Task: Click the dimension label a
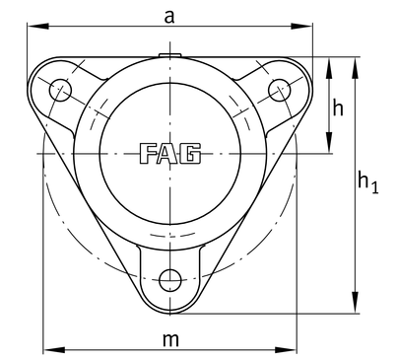click(x=169, y=17)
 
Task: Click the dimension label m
click(x=171, y=340)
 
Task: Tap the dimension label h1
click(x=367, y=182)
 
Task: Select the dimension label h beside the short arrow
click(x=338, y=108)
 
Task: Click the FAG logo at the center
click(x=170, y=154)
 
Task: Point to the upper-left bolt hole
click(x=60, y=90)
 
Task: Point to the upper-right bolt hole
click(x=279, y=90)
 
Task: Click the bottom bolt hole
click(x=170, y=280)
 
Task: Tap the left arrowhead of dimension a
click(x=38, y=26)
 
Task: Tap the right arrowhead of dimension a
click(x=301, y=26)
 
